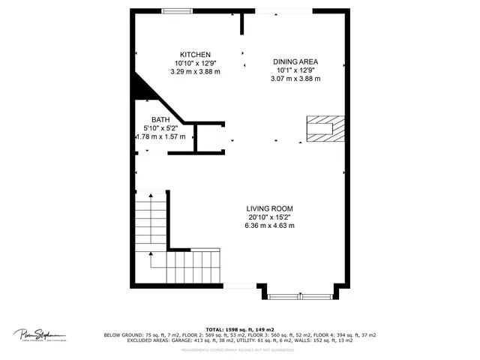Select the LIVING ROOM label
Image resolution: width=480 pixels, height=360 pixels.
click(269, 208)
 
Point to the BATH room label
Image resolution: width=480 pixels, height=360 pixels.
click(160, 120)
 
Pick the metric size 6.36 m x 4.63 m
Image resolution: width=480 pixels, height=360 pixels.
click(269, 225)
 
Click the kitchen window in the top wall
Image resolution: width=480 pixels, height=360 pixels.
click(177, 10)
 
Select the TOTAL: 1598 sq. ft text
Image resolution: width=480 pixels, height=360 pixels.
click(239, 329)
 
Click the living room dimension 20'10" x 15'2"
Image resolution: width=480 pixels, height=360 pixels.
click(269, 217)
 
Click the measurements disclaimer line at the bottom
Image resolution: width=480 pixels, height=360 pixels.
click(240, 349)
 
